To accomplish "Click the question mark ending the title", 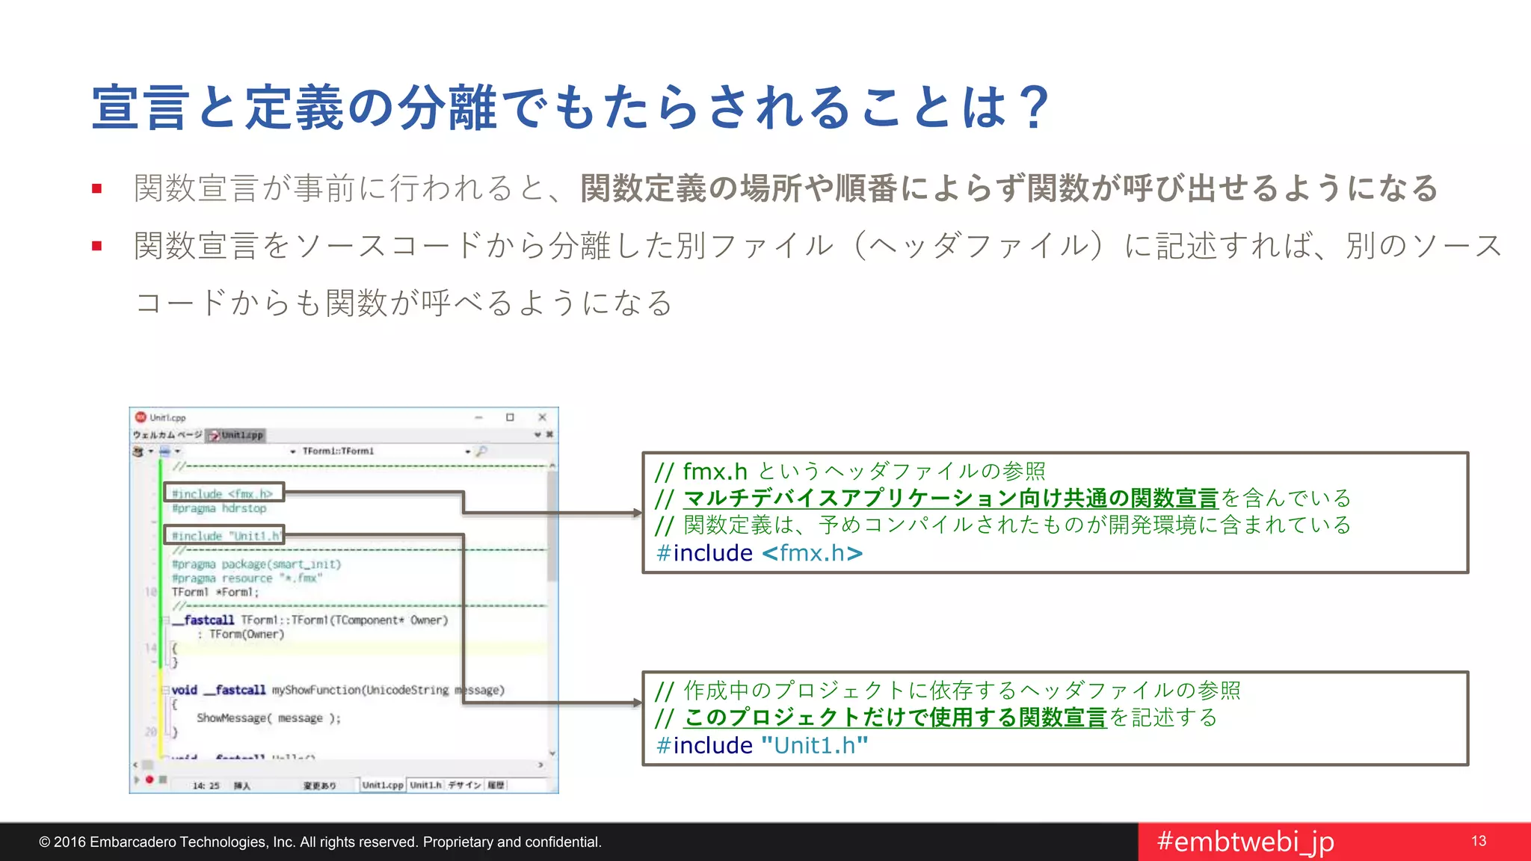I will point(1035,108).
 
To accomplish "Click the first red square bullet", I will point(96,188).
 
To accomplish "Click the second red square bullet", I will point(96,245).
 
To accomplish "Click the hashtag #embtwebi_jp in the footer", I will point(1245,842).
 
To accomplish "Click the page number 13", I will point(1479,841).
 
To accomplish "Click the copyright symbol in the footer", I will point(44,842).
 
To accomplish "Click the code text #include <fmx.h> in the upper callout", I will point(759,553).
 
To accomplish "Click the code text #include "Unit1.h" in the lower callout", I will point(762,745).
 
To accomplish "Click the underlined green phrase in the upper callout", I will point(950,499).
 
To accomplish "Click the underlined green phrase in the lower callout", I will point(895,717).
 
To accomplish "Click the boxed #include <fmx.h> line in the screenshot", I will point(223,493).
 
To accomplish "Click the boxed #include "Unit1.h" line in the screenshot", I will point(224,536).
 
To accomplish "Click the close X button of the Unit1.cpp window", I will point(542,417).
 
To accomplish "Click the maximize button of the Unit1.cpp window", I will point(510,417).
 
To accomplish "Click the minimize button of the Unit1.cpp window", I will point(478,417).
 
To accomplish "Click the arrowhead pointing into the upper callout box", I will point(637,513).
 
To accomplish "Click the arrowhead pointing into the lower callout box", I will point(637,703).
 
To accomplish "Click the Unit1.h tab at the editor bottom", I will point(425,785).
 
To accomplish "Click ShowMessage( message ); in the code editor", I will point(268,717).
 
